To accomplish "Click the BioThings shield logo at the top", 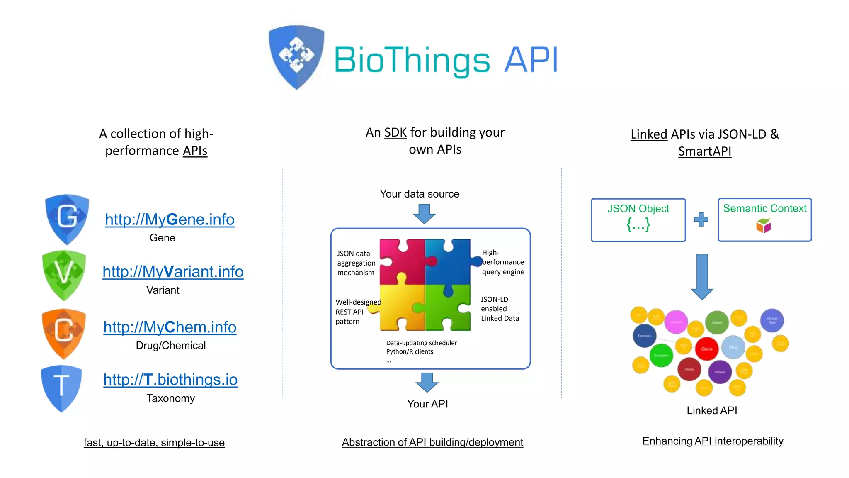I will tap(296, 57).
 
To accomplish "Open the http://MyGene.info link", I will tap(170, 219).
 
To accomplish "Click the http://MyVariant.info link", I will tap(173, 272).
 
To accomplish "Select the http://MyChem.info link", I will tap(170, 327).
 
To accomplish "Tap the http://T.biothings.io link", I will tap(170, 380).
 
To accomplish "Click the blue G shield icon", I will tap(67, 219).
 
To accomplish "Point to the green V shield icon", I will tap(64, 275).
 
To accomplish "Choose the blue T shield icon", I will tap(61, 388).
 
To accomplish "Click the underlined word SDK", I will tap(395, 132).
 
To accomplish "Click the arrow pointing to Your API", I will tap(427, 382).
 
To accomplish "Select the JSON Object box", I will tap(638, 220).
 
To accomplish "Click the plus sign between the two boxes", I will tap(701, 219).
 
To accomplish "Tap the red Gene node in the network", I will tap(706, 349).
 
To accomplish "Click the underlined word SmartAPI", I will tap(704, 151).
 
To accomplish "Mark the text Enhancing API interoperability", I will tap(713, 441).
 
